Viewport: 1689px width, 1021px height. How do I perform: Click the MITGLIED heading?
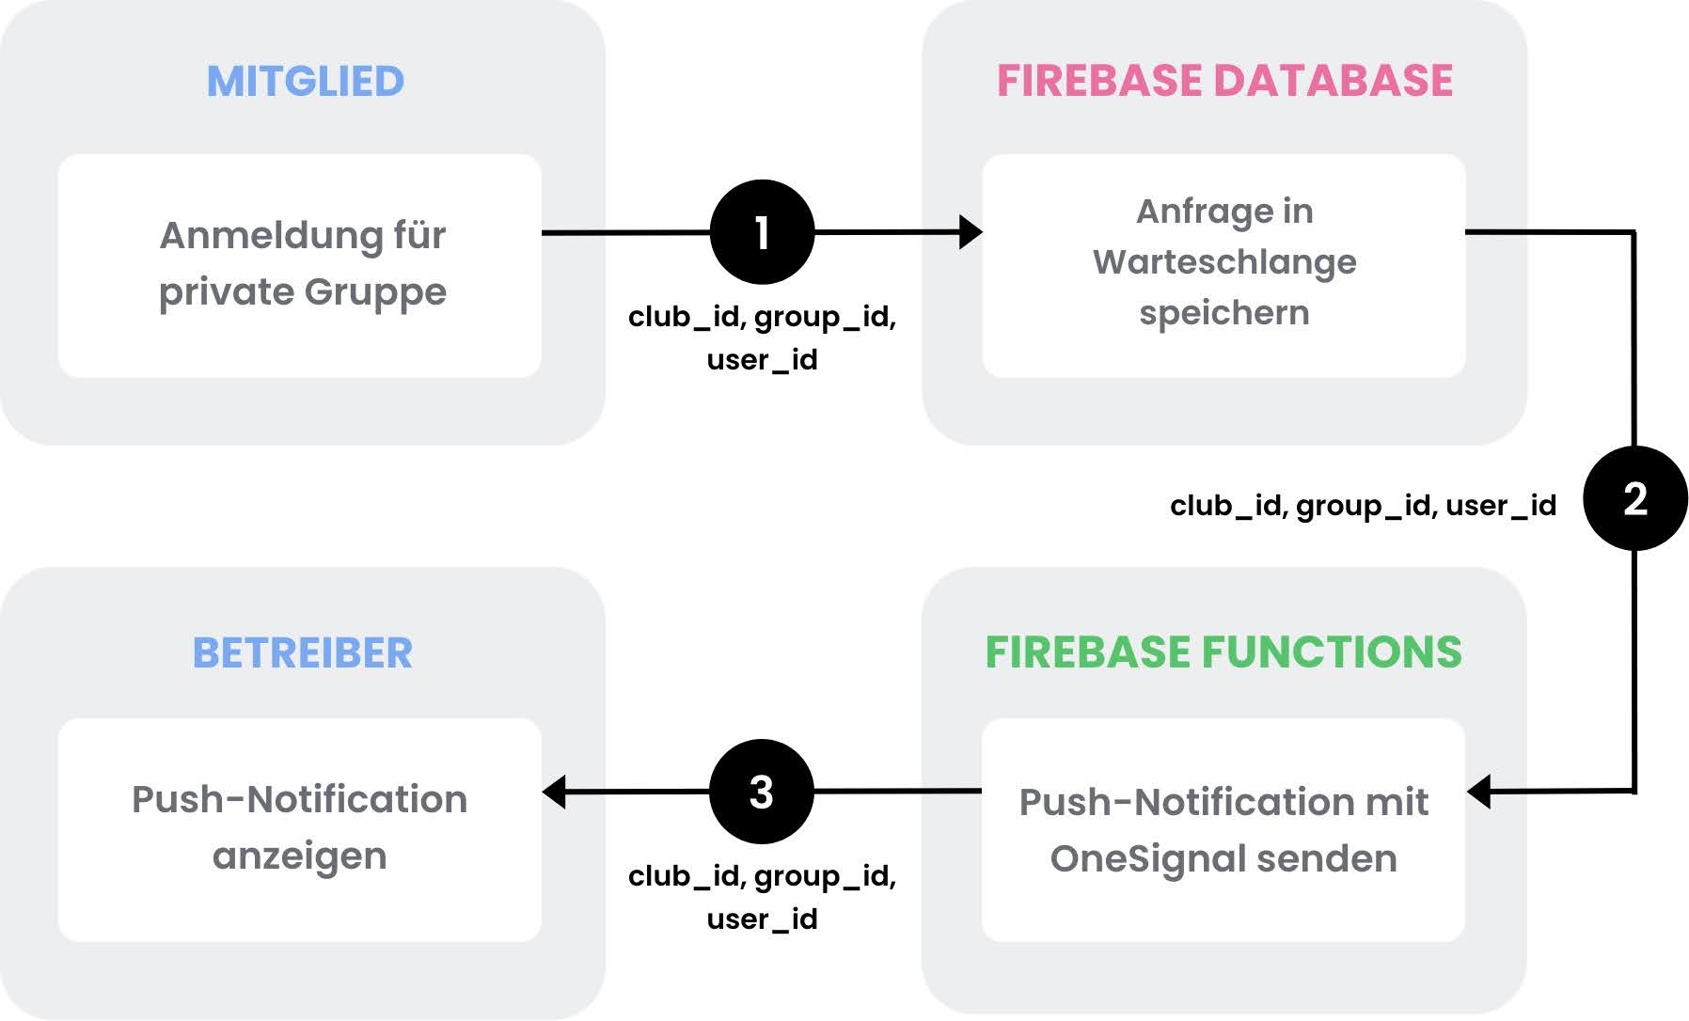305,82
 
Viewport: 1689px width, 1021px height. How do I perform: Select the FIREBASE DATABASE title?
1224,81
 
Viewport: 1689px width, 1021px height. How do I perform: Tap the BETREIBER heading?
302,652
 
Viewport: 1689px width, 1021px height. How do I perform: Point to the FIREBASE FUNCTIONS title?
1223,652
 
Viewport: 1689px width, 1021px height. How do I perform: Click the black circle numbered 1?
762,232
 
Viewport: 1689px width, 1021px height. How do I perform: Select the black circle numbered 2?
1634,498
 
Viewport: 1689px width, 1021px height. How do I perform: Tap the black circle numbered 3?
761,792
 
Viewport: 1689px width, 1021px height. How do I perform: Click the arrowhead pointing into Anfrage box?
971,232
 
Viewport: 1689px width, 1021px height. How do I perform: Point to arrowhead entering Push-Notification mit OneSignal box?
1480,792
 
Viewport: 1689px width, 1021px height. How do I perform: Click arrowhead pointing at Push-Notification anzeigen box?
555,792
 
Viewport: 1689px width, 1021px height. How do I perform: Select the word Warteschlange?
1224,262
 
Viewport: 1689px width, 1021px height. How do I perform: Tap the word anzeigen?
299,856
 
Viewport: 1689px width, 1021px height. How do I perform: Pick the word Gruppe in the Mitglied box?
375,292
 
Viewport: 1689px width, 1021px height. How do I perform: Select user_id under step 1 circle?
762,360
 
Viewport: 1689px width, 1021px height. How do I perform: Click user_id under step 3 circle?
762,919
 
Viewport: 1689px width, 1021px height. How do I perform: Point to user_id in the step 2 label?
1501,506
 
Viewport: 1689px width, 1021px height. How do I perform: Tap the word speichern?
1223,313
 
